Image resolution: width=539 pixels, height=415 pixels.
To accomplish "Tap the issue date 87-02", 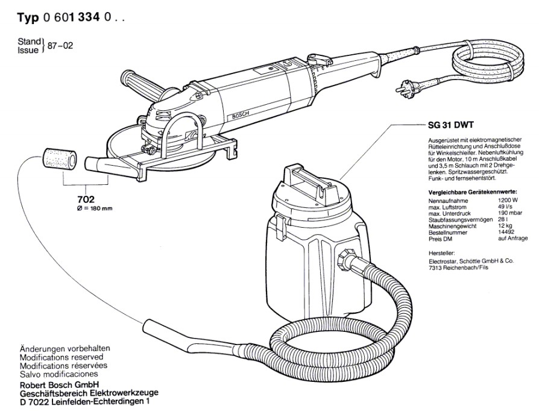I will click(x=63, y=45).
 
